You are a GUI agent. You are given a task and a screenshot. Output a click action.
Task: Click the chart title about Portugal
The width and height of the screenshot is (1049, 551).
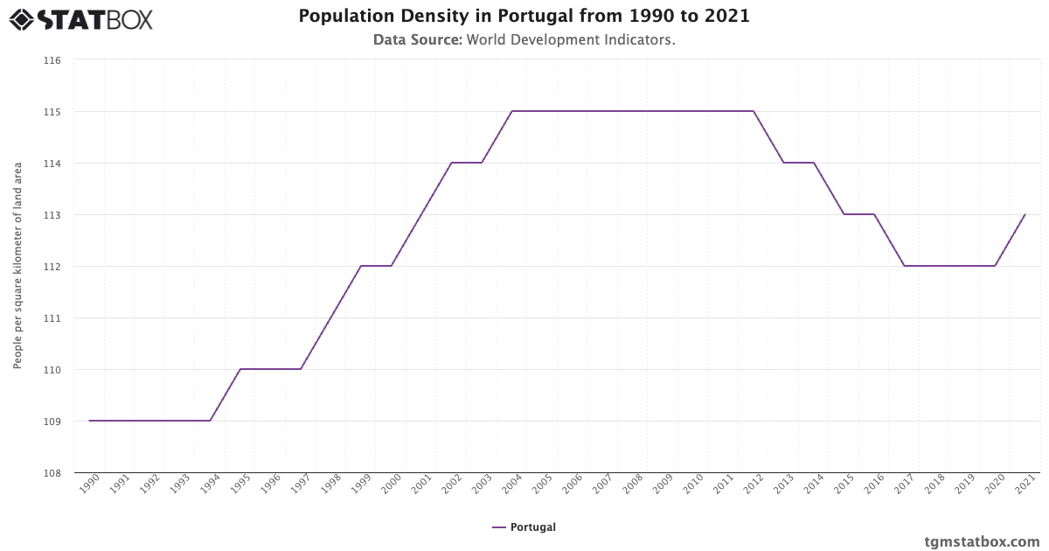click(524, 16)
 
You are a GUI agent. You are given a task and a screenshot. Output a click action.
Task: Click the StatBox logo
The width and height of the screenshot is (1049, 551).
click(80, 18)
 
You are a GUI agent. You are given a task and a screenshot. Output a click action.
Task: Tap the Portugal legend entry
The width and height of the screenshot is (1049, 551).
click(524, 527)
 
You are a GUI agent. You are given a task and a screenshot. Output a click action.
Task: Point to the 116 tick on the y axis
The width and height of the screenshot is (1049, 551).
click(52, 60)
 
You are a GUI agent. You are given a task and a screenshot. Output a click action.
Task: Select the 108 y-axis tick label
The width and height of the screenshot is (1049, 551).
click(52, 473)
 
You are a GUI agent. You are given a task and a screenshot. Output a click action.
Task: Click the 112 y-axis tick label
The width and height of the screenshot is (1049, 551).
click(52, 267)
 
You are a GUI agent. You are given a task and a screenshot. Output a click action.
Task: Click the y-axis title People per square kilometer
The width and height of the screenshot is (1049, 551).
click(17, 265)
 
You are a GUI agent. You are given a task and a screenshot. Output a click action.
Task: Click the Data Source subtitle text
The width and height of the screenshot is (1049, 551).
click(524, 39)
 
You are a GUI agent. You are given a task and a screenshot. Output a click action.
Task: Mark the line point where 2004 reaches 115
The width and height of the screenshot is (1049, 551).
click(512, 111)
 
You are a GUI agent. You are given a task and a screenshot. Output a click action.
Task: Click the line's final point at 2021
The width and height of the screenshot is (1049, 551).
click(1025, 214)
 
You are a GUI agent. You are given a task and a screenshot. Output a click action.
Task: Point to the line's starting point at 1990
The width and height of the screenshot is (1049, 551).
click(90, 421)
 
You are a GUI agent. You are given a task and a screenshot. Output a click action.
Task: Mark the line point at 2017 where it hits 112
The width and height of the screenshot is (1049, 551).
click(904, 266)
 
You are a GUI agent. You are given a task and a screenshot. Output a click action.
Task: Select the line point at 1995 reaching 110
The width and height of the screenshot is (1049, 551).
click(240, 369)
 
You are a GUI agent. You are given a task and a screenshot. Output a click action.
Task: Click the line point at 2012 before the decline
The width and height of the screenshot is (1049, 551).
click(754, 111)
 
